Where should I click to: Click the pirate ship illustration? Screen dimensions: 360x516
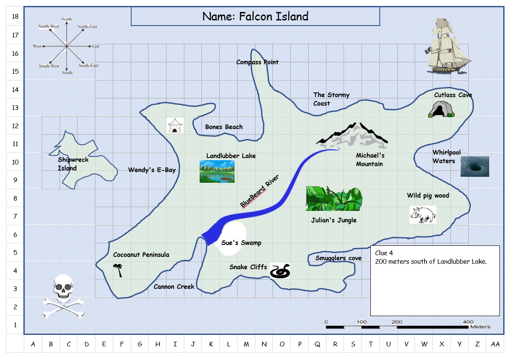[x=449, y=46]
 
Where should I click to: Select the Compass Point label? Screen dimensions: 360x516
[x=257, y=62]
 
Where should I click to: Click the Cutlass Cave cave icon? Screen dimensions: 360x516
[x=441, y=109]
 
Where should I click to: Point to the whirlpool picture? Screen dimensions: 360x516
[x=475, y=167]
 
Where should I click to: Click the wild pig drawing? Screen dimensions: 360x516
[x=423, y=214]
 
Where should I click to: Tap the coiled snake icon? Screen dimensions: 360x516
[x=280, y=271]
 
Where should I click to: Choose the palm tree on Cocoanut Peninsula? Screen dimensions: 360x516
[x=118, y=270]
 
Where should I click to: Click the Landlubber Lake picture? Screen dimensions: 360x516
[x=217, y=172]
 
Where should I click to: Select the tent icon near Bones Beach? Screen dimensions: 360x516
[x=175, y=126]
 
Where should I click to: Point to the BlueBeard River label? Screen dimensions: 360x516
[x=259, y=191]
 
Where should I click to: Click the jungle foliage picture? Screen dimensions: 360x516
[x=334, y=199]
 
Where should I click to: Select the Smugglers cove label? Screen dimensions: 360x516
[x=338, y=258]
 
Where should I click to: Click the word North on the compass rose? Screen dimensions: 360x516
[x=66, y=19]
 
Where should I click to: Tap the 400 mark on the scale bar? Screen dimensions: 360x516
[x=468, y=322]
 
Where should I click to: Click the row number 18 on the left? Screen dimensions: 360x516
[x=15, y=17]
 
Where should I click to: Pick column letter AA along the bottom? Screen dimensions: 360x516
[x=495, y=344]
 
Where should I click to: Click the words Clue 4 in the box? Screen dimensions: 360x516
[x=384, y=253]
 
